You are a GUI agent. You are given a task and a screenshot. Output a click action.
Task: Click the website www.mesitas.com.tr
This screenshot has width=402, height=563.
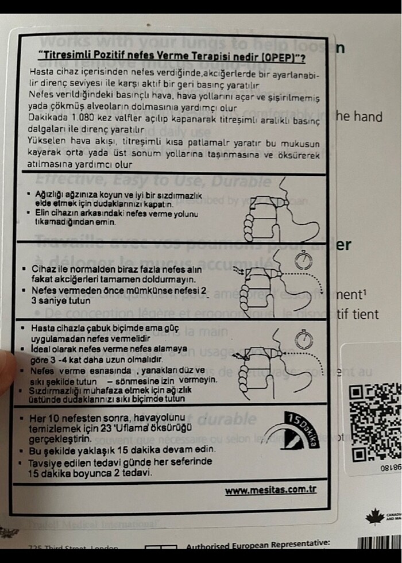(270, 491)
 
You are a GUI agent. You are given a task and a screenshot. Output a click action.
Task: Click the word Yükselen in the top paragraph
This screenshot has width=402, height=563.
(48, 142)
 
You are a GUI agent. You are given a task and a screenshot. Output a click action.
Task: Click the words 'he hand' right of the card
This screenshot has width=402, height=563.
(359, 117)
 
